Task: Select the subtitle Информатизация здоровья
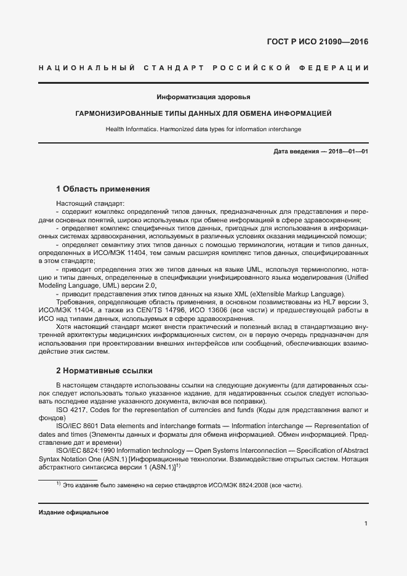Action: click(203, 97)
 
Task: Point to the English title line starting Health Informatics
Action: click(203, 129)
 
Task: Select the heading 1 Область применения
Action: click(103, 189)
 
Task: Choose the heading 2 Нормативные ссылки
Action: click(104, 371)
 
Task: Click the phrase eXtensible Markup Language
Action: click(297, 293)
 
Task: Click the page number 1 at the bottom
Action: click(366, 524)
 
